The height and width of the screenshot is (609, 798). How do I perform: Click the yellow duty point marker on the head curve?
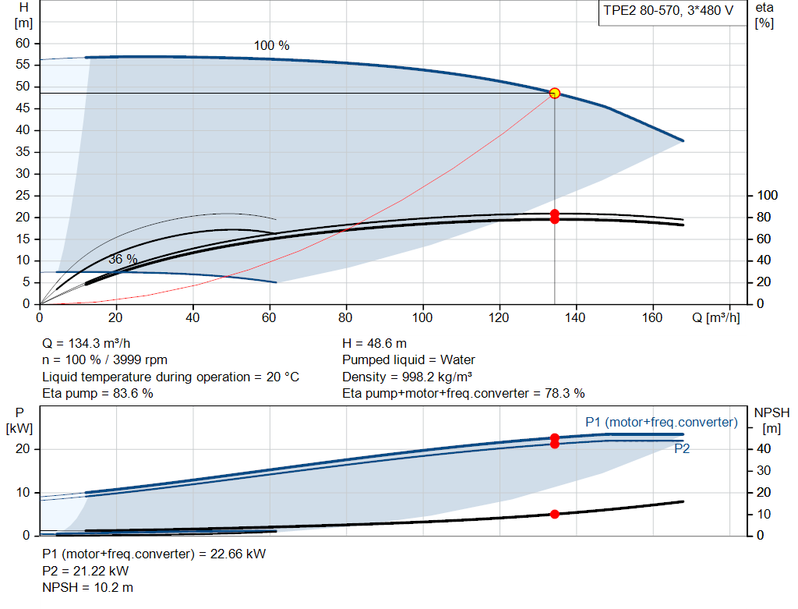(555, 94)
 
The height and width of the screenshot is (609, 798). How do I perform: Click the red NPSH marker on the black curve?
(555, 515)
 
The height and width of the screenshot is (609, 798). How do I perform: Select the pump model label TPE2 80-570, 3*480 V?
(668, 11)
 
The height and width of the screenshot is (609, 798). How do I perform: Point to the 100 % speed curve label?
(272, 46)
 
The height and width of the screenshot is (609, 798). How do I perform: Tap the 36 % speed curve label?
(122, 259)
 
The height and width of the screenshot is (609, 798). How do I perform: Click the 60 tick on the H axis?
(23, 44)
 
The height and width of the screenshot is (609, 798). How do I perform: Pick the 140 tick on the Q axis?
(575, 317)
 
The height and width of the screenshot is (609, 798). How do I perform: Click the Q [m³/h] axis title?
(715, 317)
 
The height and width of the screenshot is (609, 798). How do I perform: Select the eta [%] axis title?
(764, 16)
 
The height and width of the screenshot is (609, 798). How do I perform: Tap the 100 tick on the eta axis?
(767, 195)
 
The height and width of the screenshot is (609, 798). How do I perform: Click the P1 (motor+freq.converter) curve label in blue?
(661, 422)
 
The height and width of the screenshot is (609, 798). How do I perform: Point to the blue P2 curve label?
(682, 448)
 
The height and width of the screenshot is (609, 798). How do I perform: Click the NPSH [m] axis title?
(772, 420)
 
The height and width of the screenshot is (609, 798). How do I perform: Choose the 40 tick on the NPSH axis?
(764, 448)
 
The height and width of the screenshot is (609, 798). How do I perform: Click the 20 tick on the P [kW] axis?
(23, 448)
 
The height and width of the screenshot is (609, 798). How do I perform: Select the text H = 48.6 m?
(375, 344)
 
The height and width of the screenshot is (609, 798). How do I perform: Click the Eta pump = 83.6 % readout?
(97, 393)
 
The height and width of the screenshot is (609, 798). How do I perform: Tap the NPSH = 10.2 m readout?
(87, 588)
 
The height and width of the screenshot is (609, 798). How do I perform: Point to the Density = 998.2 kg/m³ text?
(407, 377)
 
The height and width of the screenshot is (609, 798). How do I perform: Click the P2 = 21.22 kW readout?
(86, 571)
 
